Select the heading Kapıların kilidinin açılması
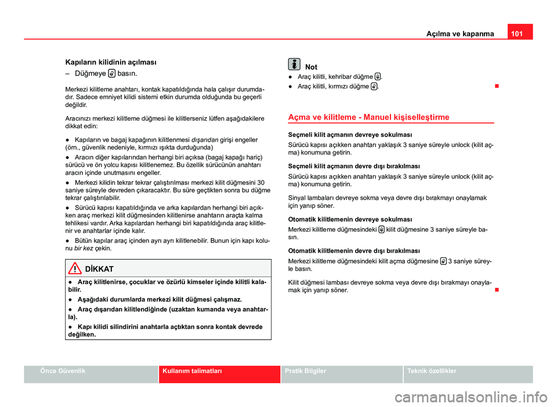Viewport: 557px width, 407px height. pyautogui.click(x=110, y=61)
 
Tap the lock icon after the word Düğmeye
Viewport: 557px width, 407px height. pyautogui.click(x=111, y=74)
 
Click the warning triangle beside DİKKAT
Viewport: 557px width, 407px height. pyautogui.click(x=75, y=269)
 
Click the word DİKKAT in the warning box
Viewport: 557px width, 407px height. pyautogui.click(x=99, y=269)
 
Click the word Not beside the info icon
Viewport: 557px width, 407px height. pyautogui.click(x=311, y=67)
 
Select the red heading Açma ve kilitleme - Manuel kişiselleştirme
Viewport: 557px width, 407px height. pyautogui.click(x=368, y=117)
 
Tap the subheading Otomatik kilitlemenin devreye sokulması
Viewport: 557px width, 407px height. pyautogui.click(x=350, y=219)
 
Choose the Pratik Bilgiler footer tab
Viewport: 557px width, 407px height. pyautogui.click(x=306, y=370)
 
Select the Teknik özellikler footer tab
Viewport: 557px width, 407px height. pyautogui.click(x=432, y=370)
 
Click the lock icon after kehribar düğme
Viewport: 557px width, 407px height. pyautogui.click(x=378, y=77)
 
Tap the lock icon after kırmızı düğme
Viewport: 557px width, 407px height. pyautogui.click(x=374, y=87)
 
